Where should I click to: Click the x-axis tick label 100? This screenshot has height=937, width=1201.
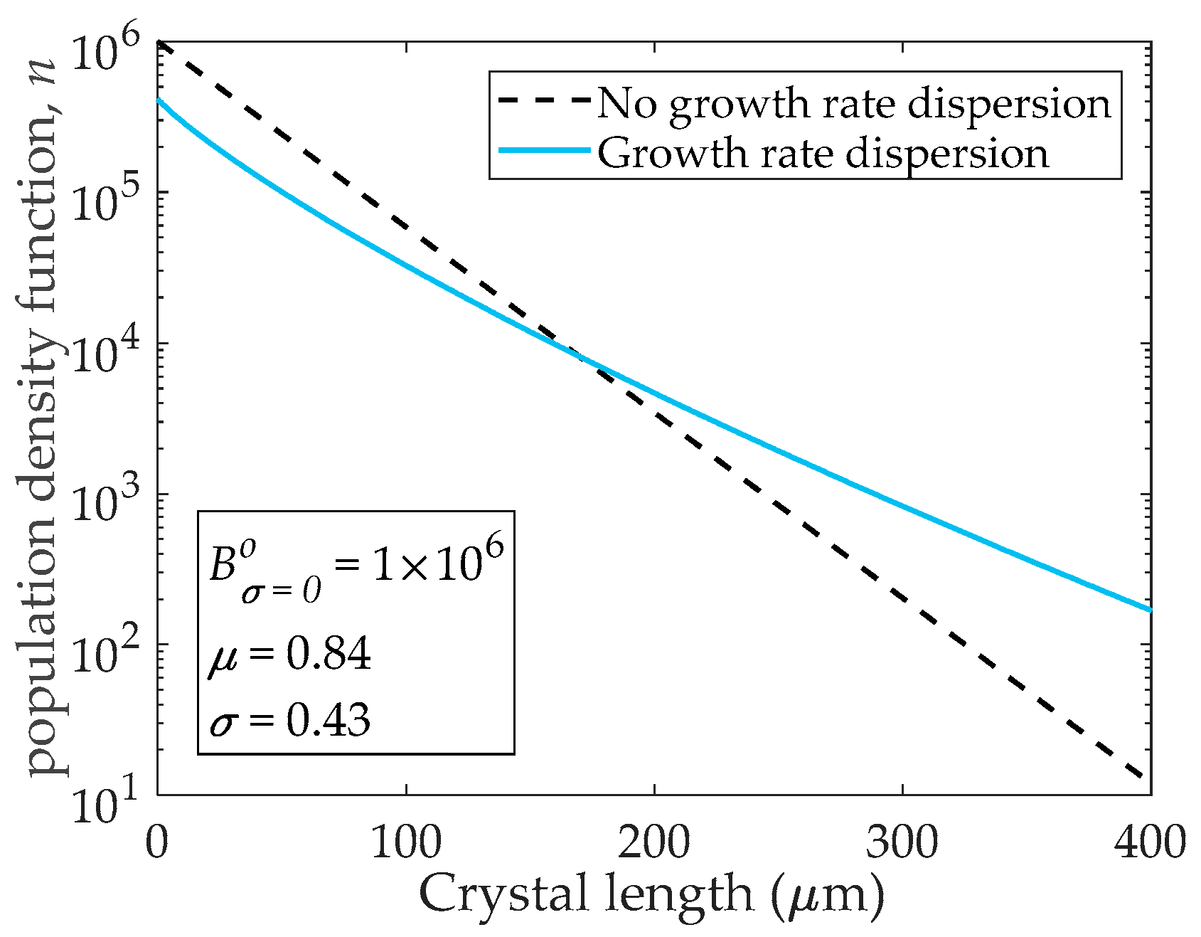click(405, 844)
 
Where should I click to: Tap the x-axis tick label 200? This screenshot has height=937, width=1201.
click(653, 844)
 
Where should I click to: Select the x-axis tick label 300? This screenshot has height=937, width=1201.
click(902, 844)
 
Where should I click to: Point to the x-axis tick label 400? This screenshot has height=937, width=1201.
click(1149, 844)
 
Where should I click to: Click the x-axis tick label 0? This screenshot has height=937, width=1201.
click(157, 844)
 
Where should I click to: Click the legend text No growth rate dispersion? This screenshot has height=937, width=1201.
click(853, 103)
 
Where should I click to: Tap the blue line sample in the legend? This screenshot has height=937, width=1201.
click(543, 151)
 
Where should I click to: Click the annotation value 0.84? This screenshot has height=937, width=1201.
click(329, 654)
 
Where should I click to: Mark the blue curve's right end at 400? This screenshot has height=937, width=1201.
click(1149, 610)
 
